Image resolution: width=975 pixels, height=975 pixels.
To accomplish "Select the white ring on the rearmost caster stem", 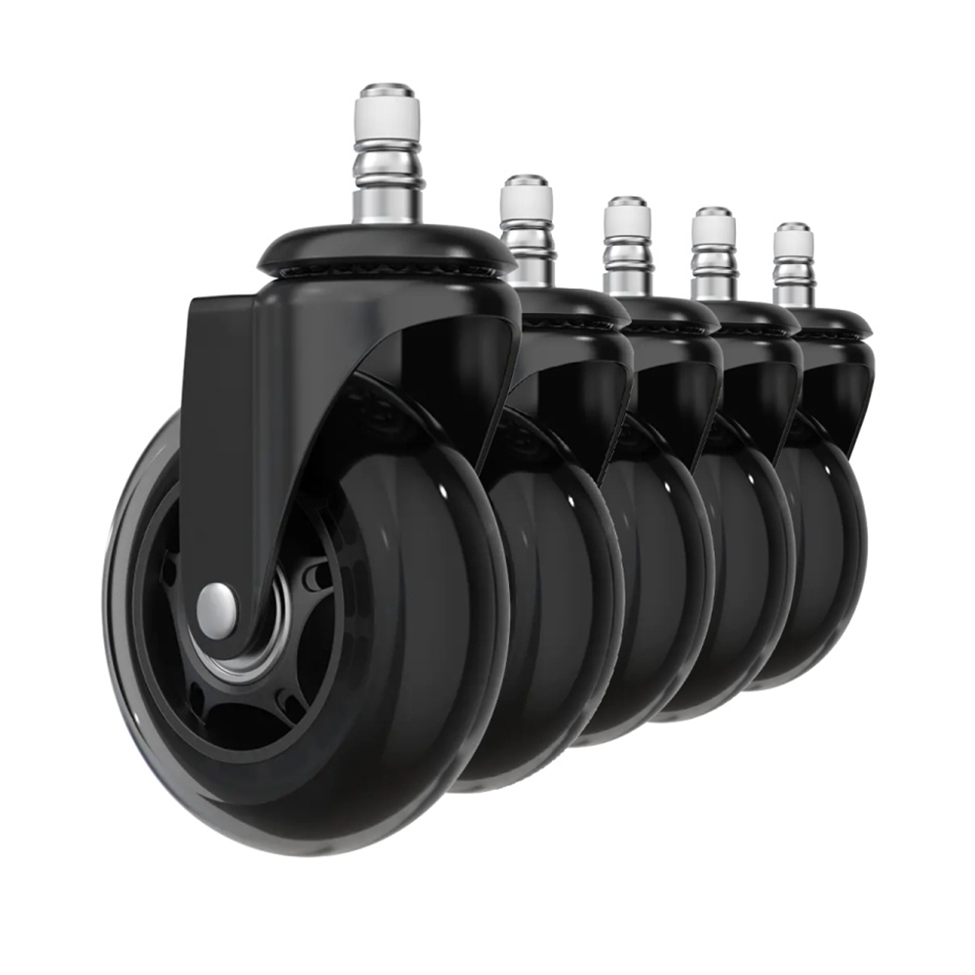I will click(794, 242).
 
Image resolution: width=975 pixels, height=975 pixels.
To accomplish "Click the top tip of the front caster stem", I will click(387, 89).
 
